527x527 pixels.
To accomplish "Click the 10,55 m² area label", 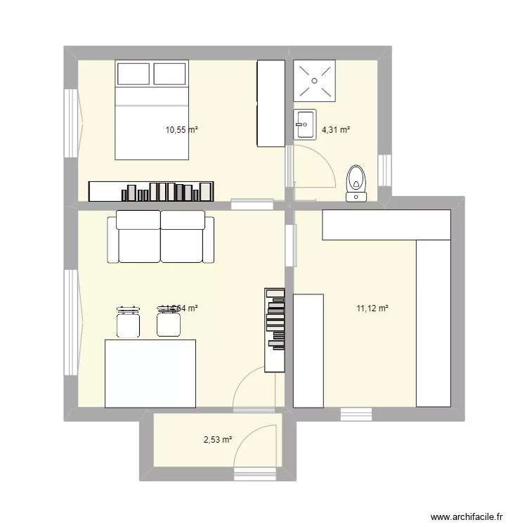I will coord(181,129).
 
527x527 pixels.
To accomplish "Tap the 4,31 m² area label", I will coord(336,129).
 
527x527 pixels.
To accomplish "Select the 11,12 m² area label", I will coord(373,308).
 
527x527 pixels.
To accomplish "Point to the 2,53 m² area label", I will coord(218,441).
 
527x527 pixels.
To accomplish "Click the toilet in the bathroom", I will coord(358,183).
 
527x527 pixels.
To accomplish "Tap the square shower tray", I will coord(315,81).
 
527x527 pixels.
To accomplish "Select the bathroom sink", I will coord(306,124).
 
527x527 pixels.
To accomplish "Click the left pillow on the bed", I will coord(134,74).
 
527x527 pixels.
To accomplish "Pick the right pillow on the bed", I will coord(169,74).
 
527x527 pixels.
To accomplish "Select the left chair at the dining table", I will coord(127,322).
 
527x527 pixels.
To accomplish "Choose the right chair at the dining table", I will coord(167,322).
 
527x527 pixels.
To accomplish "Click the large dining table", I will coord(150,373).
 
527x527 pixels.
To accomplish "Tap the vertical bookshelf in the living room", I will coord(275,330).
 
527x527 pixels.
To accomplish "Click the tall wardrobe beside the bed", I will coord(270,103).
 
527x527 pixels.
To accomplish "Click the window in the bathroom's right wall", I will coord(384,171).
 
